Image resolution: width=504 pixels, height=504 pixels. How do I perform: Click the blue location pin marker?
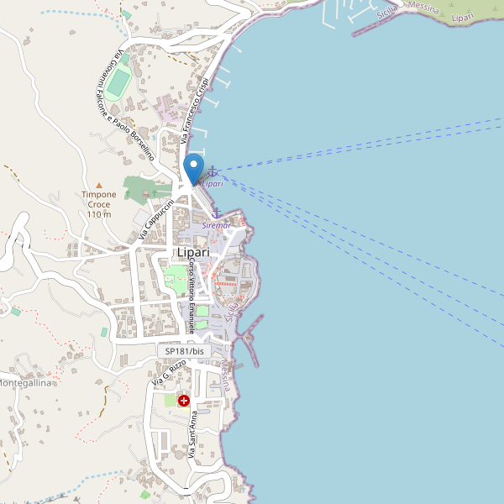pos(194,168)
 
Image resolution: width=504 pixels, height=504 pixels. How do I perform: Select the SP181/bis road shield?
pos(179,351)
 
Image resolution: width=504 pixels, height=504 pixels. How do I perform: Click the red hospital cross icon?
pos(183,402)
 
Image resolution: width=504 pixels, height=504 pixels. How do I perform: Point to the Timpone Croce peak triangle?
pos(99,185)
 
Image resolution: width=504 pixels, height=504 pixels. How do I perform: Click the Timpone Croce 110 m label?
pos(99,204)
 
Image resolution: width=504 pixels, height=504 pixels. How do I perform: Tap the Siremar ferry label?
pos(217,225)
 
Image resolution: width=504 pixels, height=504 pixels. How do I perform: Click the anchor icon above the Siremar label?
pos(216,213)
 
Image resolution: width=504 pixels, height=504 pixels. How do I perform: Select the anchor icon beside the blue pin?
pos(212,171)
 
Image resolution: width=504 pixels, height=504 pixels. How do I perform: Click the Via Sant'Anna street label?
pos(193,434)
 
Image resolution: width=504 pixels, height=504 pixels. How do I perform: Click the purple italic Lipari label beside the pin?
pos(213,183)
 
